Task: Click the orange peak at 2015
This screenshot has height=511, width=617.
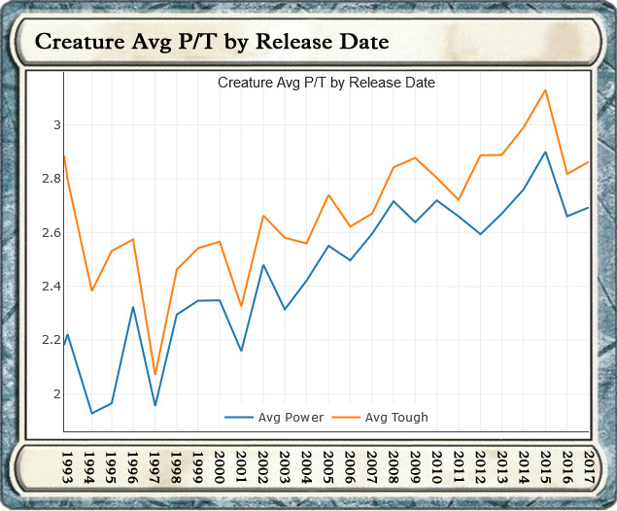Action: pos(546,90)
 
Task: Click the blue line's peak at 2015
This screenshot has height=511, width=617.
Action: pos(546,152)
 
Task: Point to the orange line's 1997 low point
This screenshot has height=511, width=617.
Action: pos(155,374)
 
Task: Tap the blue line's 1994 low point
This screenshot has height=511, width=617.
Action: pos(92,414)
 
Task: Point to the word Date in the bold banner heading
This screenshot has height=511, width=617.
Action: pos(360,43)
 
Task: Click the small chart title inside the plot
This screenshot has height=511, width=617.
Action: pos(326,83)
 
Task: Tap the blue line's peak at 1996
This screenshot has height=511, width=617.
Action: pos(133,307)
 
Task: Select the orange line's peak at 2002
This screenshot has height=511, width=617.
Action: pos(263,216)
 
